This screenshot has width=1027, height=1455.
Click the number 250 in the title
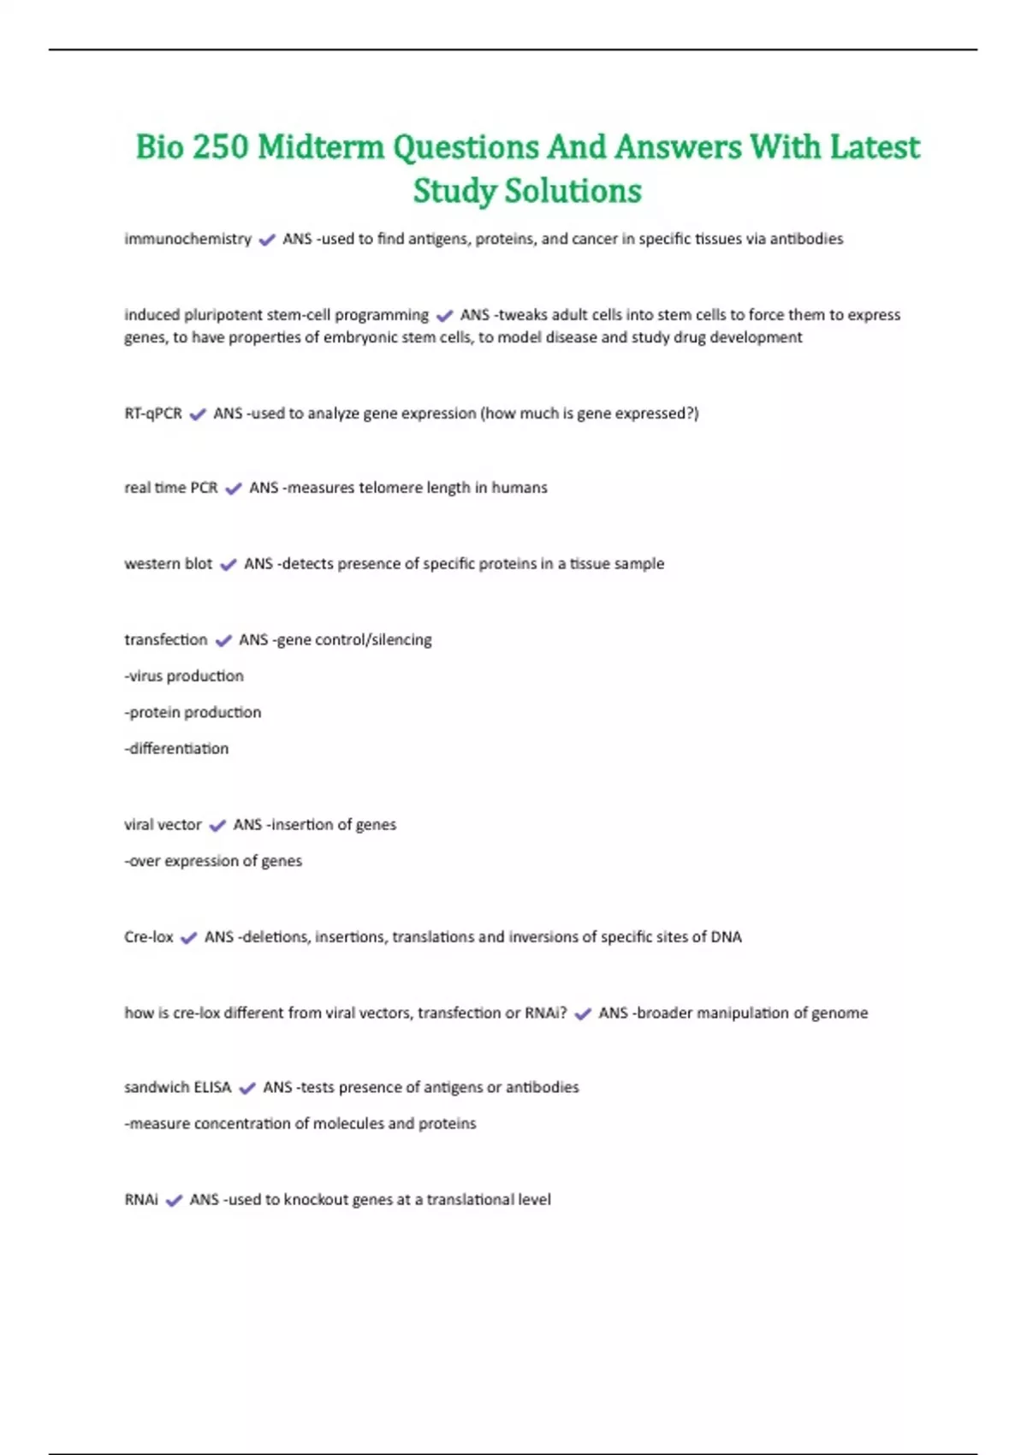220,147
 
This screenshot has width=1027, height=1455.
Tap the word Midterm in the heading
321,147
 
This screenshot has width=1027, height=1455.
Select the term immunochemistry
187,239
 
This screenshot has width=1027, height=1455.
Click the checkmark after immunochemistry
267,241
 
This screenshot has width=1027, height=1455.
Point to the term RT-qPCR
153,413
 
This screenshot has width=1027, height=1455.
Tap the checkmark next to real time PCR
233,489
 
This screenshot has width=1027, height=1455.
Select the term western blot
168,564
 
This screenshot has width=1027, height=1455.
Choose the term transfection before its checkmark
165,639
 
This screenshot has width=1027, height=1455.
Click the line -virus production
184,676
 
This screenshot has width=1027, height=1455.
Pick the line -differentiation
176,749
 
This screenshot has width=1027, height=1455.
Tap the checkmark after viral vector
217,826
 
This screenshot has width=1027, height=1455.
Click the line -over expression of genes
213,861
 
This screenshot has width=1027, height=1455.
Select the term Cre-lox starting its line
149,937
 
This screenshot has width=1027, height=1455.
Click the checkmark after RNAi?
583,1014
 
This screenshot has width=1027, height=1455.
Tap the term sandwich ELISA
178,1088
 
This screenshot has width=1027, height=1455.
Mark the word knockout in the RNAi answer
315,1200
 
